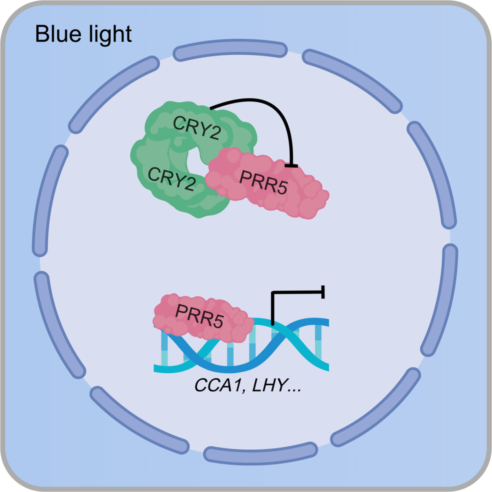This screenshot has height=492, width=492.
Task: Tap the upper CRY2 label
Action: (197, 128)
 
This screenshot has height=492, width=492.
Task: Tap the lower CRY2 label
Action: (172, 179)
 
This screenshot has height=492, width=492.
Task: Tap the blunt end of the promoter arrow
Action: (323, 292)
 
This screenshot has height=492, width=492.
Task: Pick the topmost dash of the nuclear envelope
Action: (230, 50)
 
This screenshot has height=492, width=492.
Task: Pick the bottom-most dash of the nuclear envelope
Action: (260, 453)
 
